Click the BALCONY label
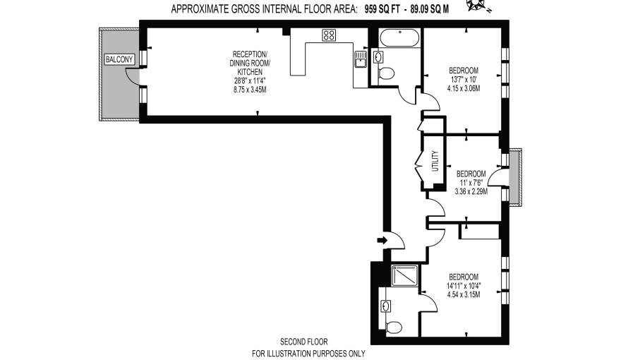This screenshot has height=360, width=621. [x=119, y=59]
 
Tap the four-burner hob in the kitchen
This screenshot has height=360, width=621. [x=330, y=35]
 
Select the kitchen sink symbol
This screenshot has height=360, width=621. [x=361, y=58]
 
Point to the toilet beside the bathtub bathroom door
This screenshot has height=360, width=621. [x=386, y=73]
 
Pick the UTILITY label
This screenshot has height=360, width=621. [x=435, y=162]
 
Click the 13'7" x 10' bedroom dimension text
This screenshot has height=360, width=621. [x=464, y=80]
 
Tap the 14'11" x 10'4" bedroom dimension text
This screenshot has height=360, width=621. [x=463, y=285]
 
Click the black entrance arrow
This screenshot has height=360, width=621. [x=382, y=241]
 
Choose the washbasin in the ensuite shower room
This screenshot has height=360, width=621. [x=386, y=306]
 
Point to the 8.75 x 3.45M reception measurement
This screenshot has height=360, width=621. [x=250, y=90]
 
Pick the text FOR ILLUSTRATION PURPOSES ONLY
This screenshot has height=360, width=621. [x=308, y=353]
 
